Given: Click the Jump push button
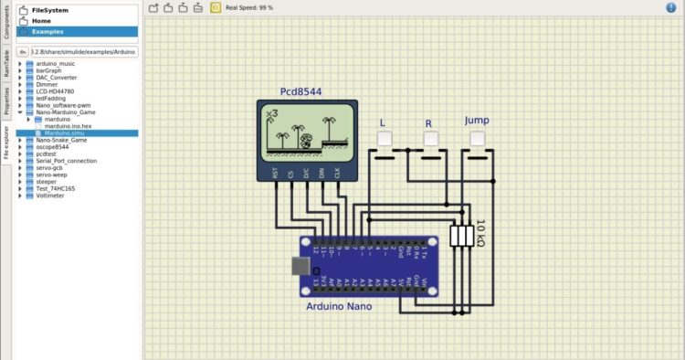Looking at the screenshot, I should point(477,139).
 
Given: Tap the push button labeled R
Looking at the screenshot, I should point(429,139).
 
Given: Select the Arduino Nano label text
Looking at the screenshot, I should point(339,306).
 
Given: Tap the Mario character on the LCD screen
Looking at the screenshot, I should point(309,142).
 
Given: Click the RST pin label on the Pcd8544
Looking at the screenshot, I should point(275,172).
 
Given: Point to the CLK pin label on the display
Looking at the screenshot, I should point(337,172).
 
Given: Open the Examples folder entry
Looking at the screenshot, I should point(48,31).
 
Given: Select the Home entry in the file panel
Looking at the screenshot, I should point(41,20).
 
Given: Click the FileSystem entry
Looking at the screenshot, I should point(50,9).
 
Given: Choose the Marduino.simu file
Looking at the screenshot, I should point(64,132).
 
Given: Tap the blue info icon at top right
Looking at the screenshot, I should point(671,7).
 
